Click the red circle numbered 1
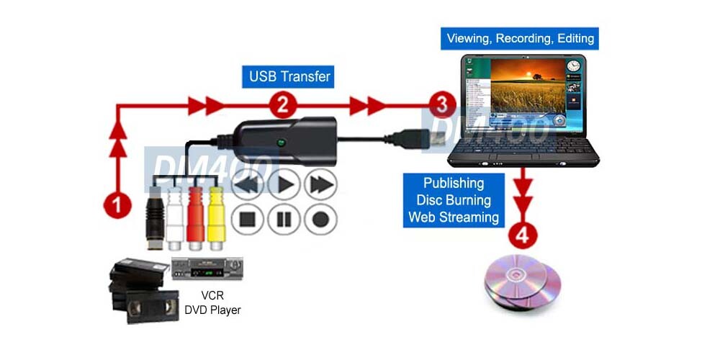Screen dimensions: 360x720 (x=117, y=204)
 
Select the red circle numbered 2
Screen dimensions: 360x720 (x=284, y=106)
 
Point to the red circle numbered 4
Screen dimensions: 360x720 (x=523, y=235)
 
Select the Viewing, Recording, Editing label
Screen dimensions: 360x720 (x=521, y=38)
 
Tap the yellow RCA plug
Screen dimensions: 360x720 (x=217, y=215)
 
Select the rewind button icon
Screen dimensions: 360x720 (x=248, y=185)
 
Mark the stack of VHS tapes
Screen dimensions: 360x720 (x=141, y=291)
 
